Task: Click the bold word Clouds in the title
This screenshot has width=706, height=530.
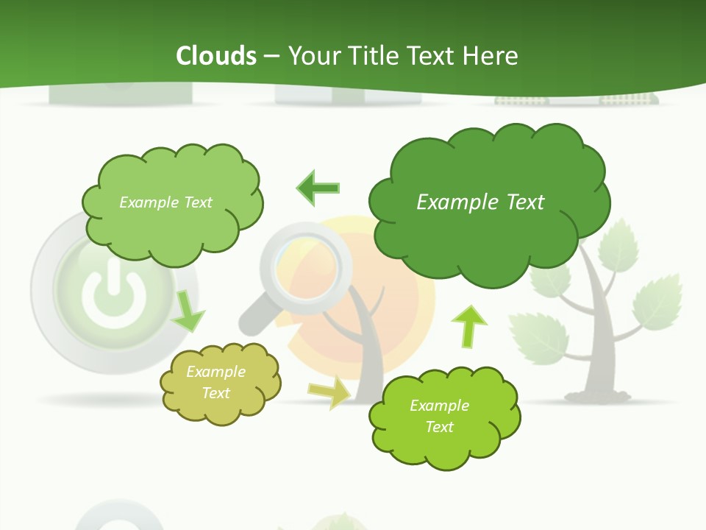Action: pyautogui.click(x=216, y=55)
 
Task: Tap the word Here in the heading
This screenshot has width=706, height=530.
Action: pyautogui.click(x=491, y=55)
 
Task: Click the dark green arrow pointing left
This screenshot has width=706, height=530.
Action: pyautogui.click(x=318, y=188)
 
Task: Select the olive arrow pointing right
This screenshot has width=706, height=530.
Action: pyautogui.click(x=330, y=393)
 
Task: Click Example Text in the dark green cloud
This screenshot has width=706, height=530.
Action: pyautogui.click(x=480, y=202)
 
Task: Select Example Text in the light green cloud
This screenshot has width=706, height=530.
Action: pyautogui.click(x=165, y=202)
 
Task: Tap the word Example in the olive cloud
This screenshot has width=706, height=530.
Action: pyautogui.click(x=215, y=372)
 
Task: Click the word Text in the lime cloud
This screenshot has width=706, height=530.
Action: pyautogui.click(x=439, y=427)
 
